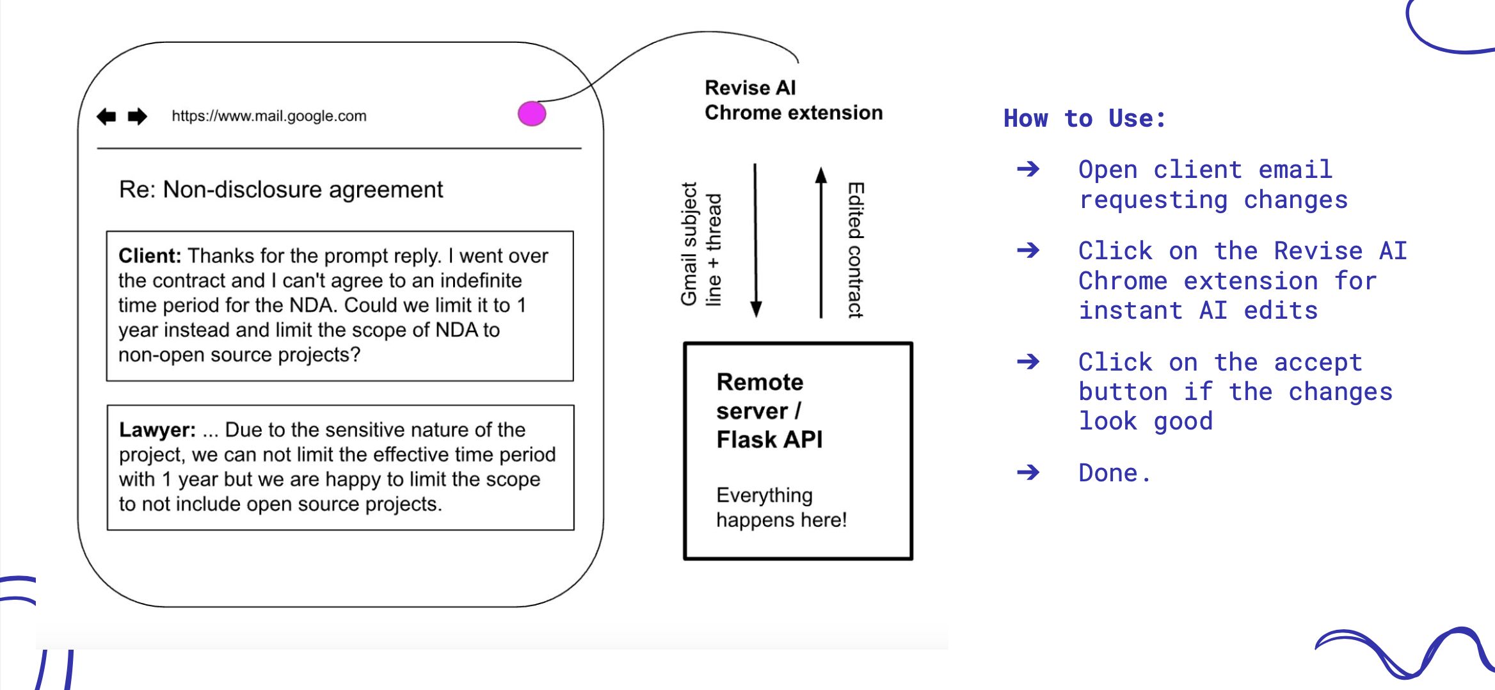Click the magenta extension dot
coord(532,114)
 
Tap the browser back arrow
coord(106,116)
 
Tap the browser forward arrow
coord(137,116)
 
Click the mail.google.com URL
coord(269,116)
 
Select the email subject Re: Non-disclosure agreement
coord(280,189)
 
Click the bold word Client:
coord(150,256)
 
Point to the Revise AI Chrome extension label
coord(793,100)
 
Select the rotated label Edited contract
coord(856,250)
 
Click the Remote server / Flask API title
coord(769,411)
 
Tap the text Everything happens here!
coord(781,508)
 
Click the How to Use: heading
coord(1084,118)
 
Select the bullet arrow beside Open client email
coord(1028,169)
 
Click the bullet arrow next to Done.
coord(1028,472)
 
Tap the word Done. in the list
coord(1114,473)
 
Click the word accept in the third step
coord(1318,362)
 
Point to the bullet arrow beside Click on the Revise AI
coord(1028,250)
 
